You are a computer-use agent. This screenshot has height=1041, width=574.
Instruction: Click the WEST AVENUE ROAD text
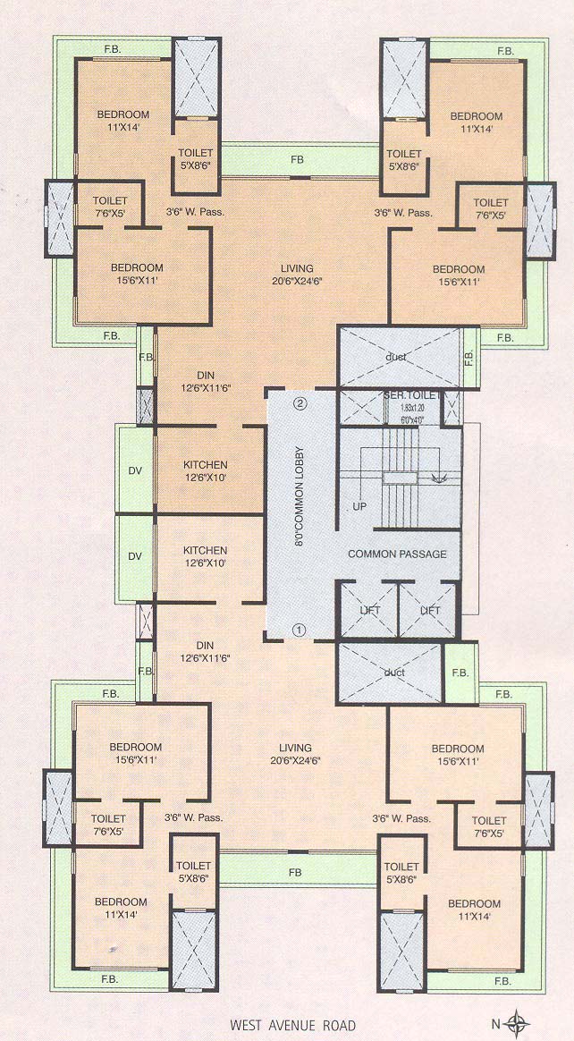292,1025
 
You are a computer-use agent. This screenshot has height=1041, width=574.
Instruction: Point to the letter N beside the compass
494,1024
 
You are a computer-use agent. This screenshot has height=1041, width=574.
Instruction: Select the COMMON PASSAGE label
397,554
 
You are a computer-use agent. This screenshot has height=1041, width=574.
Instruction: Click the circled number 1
300,630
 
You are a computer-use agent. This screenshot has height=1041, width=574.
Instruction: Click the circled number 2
301,403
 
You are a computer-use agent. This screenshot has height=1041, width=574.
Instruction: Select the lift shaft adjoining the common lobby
367,610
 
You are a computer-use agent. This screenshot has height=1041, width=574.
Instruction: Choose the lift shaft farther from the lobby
427,610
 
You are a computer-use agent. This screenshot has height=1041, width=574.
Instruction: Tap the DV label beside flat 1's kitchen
135,556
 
